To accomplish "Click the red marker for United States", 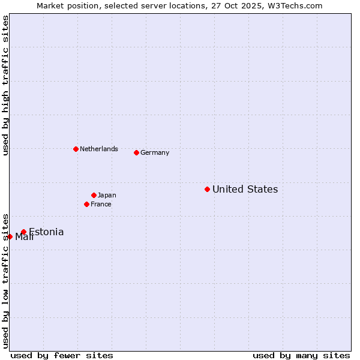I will pos(207,189).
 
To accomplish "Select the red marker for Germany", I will pos(136,152).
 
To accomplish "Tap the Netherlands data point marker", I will pos(76,149).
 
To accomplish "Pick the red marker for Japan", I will pos(94,195).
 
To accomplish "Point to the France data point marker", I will pos(86,204).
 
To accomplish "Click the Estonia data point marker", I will pos(23,232).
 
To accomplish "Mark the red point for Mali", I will pos(10,236).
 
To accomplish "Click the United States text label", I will pos(245,190).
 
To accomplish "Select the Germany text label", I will pos(155,153).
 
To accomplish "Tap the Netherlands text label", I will pos(99,149).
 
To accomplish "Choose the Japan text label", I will pos(107,196).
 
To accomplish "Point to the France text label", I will pos(101,205).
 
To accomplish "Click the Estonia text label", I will pos(46,232).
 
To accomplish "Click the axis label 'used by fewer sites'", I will pos(62,355).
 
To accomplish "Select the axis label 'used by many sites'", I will pos(301,355).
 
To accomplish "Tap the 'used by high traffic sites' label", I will pos(5,86).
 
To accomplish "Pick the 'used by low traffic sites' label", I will pos(5,281).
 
